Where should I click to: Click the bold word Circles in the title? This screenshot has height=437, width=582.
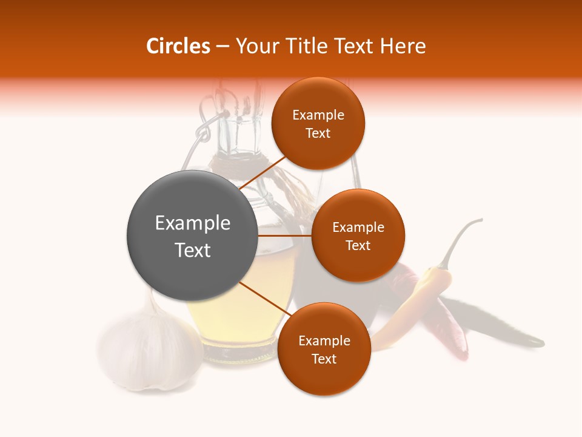(x=178, y=46)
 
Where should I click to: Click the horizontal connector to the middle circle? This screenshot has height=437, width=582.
(x=285, y=235)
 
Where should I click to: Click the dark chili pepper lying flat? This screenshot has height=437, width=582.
(x=503, y=328)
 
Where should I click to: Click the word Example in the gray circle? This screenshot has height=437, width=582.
(x=193, y=223)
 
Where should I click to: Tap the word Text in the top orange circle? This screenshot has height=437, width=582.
(x=318, y=134)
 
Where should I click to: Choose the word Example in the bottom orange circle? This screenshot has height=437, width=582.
(x=324, y=341)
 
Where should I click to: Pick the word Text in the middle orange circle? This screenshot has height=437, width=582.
(x=358, y=246)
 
